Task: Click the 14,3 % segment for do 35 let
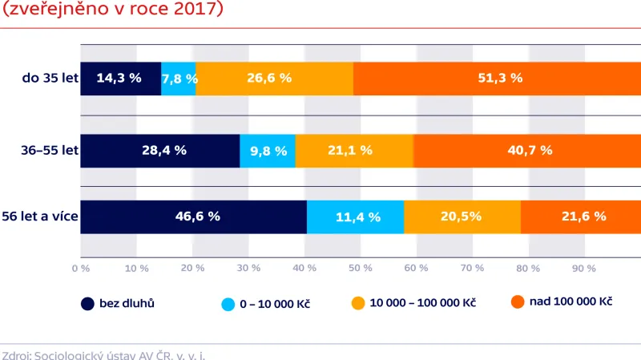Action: click(x=120, y=79)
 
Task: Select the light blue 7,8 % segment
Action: click(x=179, y=79)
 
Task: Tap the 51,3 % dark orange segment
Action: click(x=497, y=79)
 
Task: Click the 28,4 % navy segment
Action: click(x=160, y=150)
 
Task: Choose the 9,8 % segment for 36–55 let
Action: click(x=268, y=150)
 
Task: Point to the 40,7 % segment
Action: click(x=527, y=150)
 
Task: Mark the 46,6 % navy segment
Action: click(x=193, y=216)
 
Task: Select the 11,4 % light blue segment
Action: click(x=356, y=216)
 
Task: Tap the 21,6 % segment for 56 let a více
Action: click(x=581, y=216)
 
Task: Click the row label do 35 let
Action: click(x=50, y=79)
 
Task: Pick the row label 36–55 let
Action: click(x=49, y=150)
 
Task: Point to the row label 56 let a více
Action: click(x=40, y=216)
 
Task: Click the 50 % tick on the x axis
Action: click(x=360, y=269)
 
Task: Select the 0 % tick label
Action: click(x=80, y=269)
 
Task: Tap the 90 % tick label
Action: click(x=584, y=269)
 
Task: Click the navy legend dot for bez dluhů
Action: click(x=87, y=304)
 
